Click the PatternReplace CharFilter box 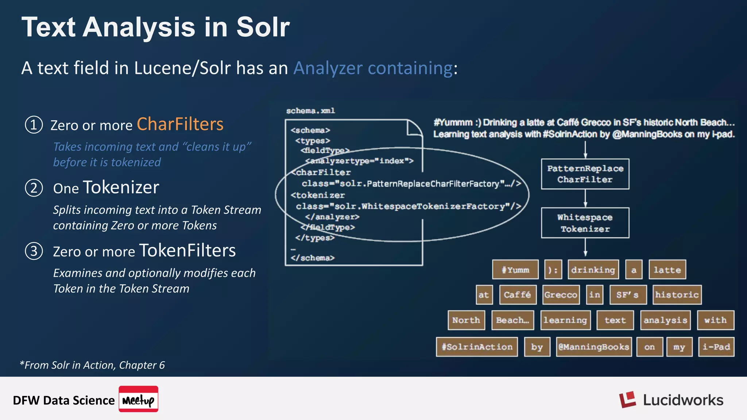(x=585, y=174)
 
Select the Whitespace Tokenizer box (x=585, y=223)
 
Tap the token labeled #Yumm (x=515, y=270)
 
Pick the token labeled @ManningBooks (x=594, y=347)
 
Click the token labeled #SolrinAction (x=477, y=347)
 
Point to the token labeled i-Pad (x=716, y=347)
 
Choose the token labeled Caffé (x=517, y=295)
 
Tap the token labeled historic (x=677, y=295)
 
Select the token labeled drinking (x=593, y=270)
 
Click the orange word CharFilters (x=180, y=124)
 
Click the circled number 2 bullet (x=34, y=188)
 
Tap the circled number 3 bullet (x=34, y=251)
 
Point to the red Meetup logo (x=138, y=399)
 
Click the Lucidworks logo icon (x=627, y=400)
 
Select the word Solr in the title (x=263, y=27)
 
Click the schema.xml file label (x=310, y=111)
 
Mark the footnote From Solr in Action (x=92, y=365)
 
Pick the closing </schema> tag (x=313, y=258)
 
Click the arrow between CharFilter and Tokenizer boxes (x=585, y=198)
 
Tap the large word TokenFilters (x=187, y=250)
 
